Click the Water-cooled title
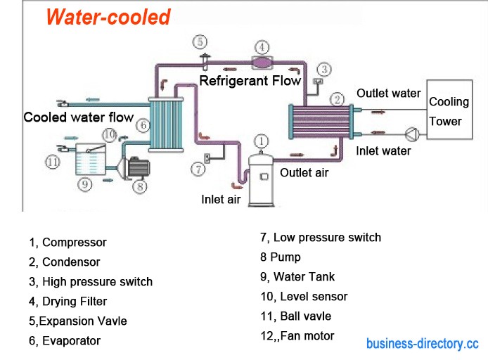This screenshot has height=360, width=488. (x=108, y=16)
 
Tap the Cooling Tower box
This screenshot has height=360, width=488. (x=446, y=112)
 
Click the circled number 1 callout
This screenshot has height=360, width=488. (x=261, y=141)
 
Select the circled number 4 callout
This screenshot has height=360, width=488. (x=262, y=48)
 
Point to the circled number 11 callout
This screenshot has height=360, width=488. (x=51, y=162)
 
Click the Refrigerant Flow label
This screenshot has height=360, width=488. (x=250, y=81)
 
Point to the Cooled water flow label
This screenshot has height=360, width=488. (x=78, y=117)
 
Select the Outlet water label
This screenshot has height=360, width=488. (x=388, y=94)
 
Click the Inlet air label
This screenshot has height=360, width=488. (x=221, y=199)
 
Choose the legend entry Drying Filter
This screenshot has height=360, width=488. (x=68, y=302)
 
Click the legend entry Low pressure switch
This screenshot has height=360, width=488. (x=321, y=238)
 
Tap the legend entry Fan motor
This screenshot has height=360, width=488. (x=297, y=336)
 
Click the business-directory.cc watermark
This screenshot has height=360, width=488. (x=422, y=344)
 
